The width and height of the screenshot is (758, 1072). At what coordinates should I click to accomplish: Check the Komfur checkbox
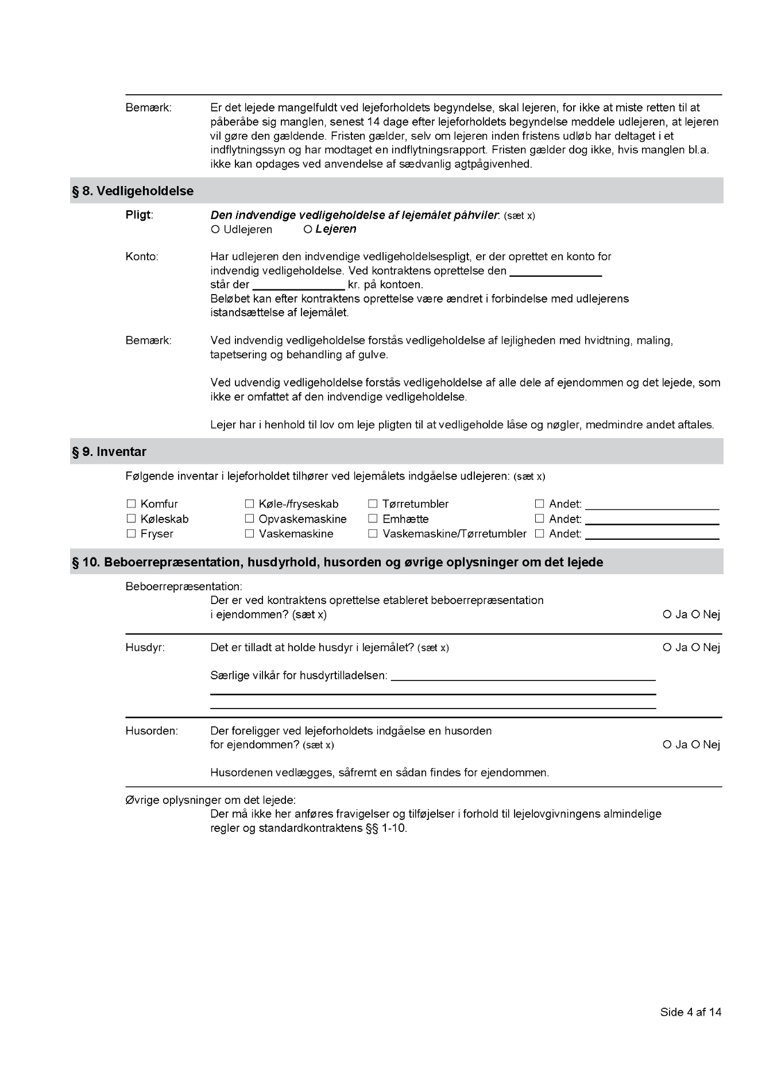[x=131, y=504]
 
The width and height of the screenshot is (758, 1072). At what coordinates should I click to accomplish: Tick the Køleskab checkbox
[x=131, y=519]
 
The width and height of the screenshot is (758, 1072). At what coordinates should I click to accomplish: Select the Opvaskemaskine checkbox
[x=249, y=519]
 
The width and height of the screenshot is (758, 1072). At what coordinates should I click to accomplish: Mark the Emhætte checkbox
[x=373, y=519]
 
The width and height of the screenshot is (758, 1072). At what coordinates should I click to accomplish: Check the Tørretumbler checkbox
[x=373, y=504]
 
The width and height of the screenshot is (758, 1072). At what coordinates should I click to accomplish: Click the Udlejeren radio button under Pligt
[x=215, y=230]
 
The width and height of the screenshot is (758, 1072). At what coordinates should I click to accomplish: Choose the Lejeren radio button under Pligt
[x=308, y=230]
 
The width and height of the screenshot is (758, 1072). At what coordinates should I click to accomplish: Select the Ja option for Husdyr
[x=667, y=648]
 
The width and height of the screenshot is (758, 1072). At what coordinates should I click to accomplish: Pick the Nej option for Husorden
[x=695, y=745]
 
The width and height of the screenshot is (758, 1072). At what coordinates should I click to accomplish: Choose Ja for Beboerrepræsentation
[x=667, y=615]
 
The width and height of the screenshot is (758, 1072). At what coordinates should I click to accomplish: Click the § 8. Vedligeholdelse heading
[x=133, y=191]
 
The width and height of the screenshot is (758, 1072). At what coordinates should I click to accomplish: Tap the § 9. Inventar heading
[x=109, y=452]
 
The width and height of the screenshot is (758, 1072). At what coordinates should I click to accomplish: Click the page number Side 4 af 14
[x=690, y=1012]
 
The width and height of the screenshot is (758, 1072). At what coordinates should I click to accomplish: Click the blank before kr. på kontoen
[x=298, y=285]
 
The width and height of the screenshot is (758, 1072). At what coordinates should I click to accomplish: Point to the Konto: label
[x=142, y=257]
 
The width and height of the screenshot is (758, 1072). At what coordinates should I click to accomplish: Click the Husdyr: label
[x=145, y=648]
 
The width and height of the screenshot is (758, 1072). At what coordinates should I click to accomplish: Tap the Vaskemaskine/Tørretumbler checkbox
[x=373, y=534]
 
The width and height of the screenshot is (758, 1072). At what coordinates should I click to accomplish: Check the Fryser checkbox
[x=131, y=534]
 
